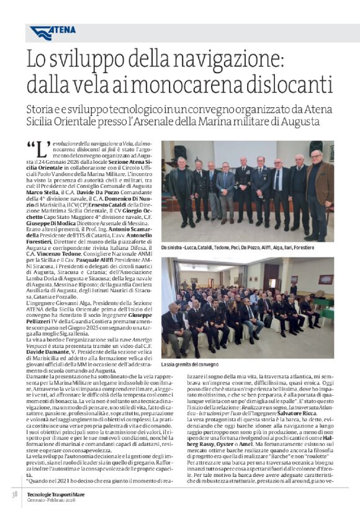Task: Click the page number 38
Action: tap(14, 494)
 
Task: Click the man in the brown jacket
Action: tap(319, 192)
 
